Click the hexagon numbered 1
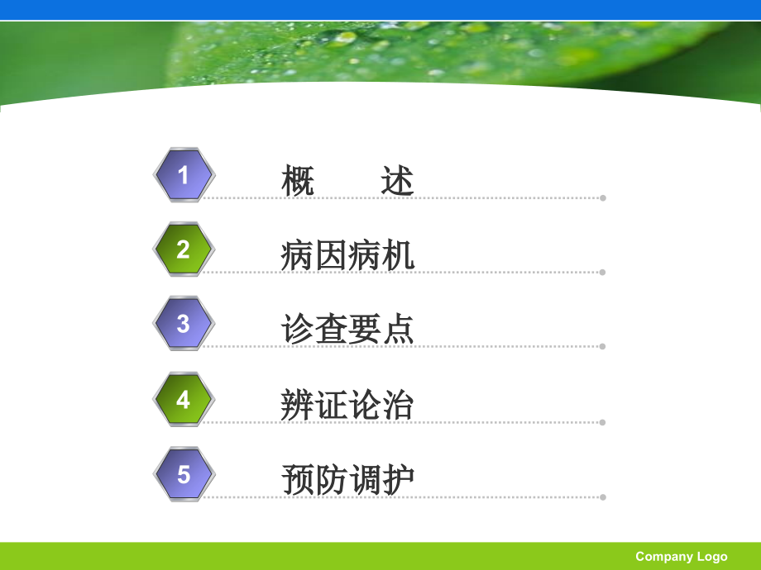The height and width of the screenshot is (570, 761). pyautogui.click(x=184, y=174)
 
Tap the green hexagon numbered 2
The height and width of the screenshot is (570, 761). pyautogui.click(x=184, y=249)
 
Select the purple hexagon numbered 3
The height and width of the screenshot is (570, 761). pyautogui.click(x=184, y=324)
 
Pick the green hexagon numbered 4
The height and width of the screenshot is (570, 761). pyautogui.click(x=184, y=400)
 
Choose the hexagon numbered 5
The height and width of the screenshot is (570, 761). pyautogui.click(x=184, y=474)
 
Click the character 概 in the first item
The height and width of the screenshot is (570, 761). pyautogui.click(x=298, y=181)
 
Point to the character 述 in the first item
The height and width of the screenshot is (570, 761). pyautogui.click(x=398, y=181)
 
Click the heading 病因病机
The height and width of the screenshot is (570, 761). pyautogui.click(x=347, y=256)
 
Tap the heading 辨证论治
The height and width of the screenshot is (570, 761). pyautogui.click(x=347, y=406)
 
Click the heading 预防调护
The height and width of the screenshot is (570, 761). pyautogui.click(x=347, y=480)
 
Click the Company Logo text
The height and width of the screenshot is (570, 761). pyautogui.click(x=681, y=557)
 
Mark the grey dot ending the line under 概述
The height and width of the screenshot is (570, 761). pyautogui.click(x=603, y=198)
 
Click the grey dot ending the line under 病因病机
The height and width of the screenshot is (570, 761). pyautogui.click(x=603, y=272)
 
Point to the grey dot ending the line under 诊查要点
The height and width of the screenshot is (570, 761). pyautogui.click(x=603, y=347)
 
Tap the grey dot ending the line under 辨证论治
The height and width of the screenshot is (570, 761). pyautogui.click(x=603, y=422)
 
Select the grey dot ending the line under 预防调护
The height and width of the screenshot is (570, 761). pyautogui.click(x=603, y=497)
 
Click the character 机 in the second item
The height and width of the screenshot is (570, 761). pyautogui.click(x=398, y=256)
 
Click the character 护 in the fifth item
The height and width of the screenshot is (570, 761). pyautogui.click(x=398, y=480)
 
